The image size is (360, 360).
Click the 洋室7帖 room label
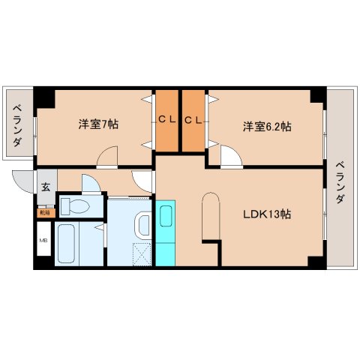pyautogui.click(x=98, y=124)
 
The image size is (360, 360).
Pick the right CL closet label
pyautogui.click(x=193, y=120)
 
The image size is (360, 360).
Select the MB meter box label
pyautogui.click(x=43, y=241)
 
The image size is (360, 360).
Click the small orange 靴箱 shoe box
pyautogui.click(x=45, y=212)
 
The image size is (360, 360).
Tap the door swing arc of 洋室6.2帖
pyautogui.click(x=229, y=157)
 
